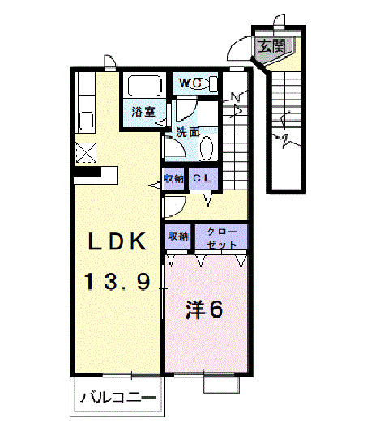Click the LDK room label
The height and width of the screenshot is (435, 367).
point(117,241)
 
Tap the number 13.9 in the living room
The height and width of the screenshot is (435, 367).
point(117,282)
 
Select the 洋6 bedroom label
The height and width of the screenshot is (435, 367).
point(204,309)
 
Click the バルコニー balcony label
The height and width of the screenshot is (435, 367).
point(118,398)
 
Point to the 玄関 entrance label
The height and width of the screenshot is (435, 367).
point(271,46)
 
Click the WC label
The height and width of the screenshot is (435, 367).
point(190,83)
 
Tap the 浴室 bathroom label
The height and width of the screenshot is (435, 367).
point(143,112)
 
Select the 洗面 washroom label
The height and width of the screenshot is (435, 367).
point(188,132)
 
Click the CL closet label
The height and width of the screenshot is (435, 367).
point(202,178)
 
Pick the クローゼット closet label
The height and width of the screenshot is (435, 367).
point(221,238)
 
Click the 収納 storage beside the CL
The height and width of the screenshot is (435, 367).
point(174,178)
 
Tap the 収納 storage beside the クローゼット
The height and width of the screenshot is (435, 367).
point(177,237)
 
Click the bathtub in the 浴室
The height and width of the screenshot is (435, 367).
point(144,86)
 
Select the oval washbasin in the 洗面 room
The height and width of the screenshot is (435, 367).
point(207,148)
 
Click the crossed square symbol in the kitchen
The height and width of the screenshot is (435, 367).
point(86,152)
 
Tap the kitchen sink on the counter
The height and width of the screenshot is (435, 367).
point(86,122)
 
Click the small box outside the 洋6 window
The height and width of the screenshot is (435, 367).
point(221,385)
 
